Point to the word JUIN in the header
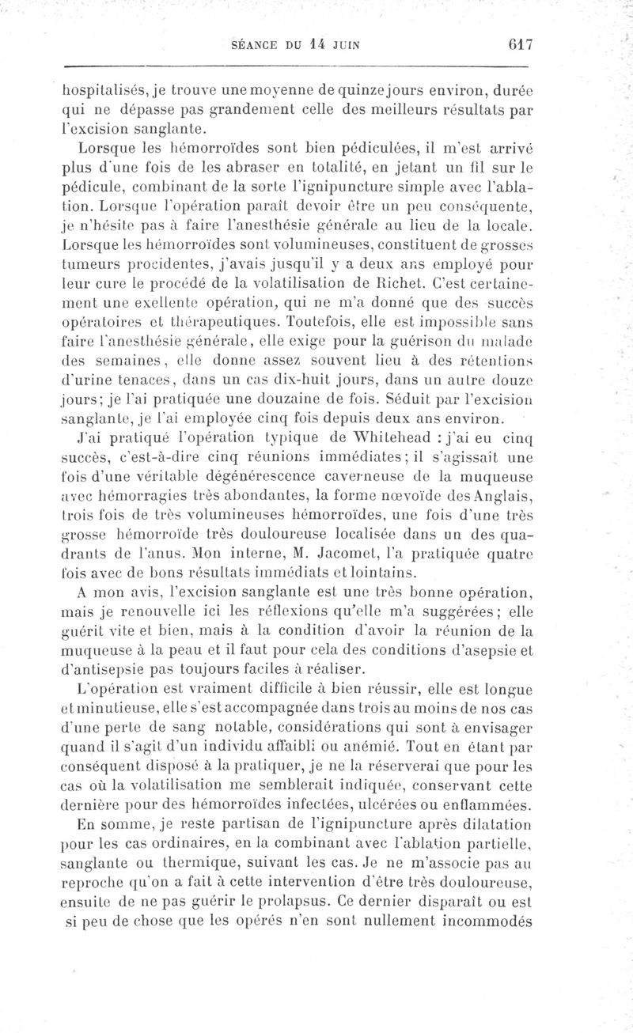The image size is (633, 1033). (x=348, y=44)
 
